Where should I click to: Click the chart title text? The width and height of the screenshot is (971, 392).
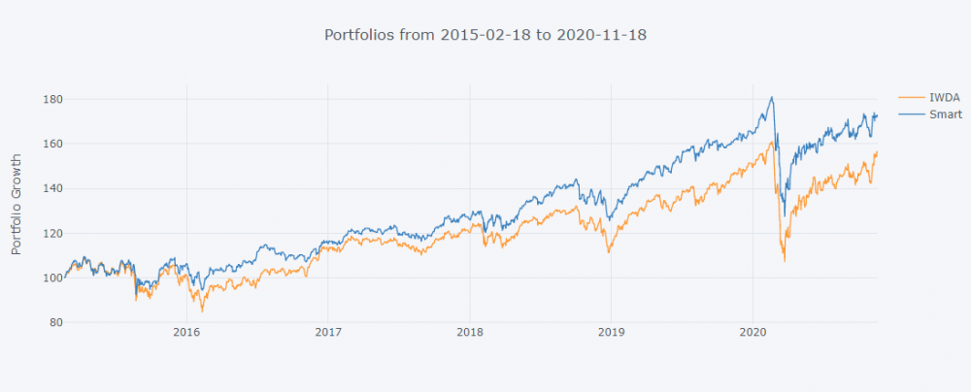(485, 35)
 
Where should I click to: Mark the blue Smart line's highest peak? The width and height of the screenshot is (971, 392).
(772, 97)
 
